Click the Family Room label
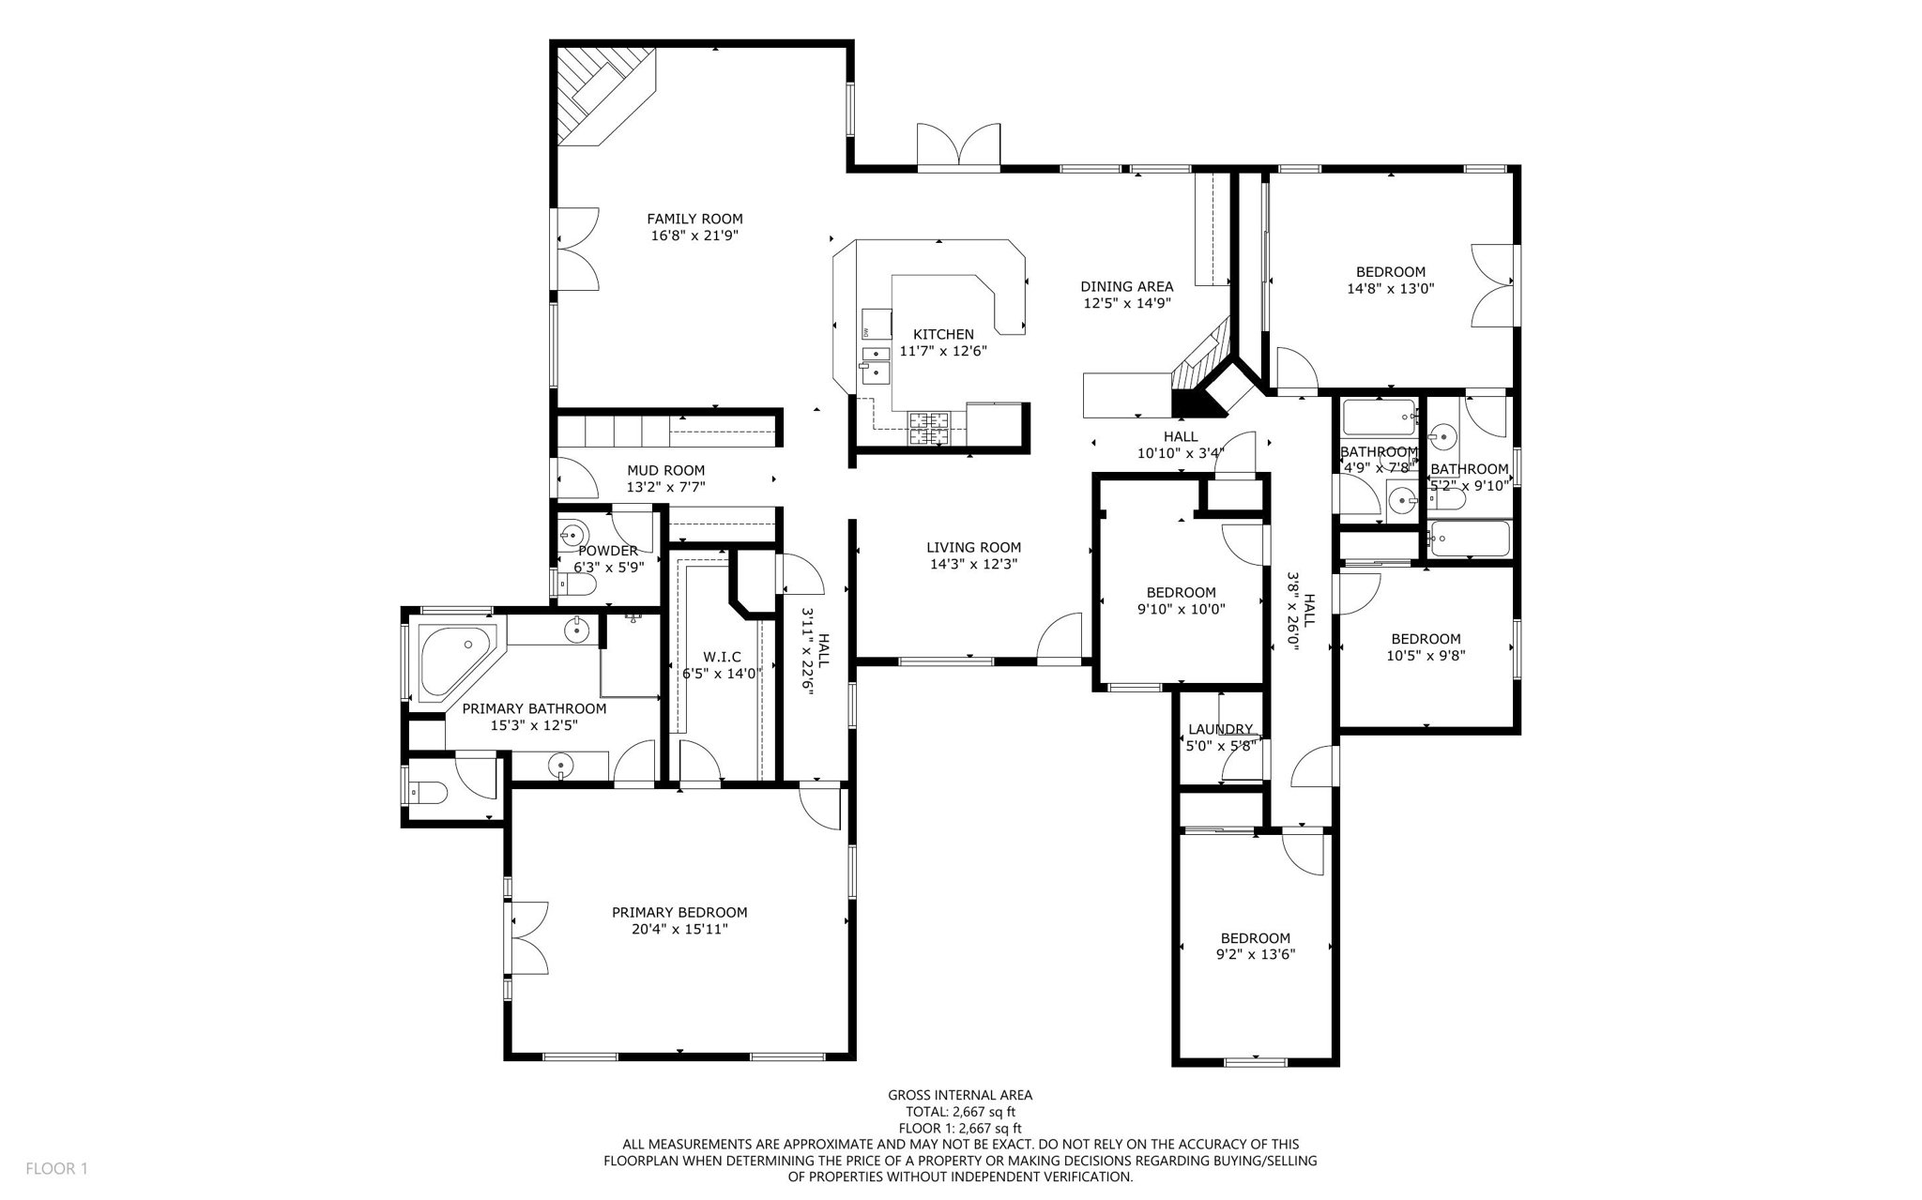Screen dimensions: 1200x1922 coord(694,219)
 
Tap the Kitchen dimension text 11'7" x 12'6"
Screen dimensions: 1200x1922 coord(943,351)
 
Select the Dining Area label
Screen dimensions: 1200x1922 coord(1126,286)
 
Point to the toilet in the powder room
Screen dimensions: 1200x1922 coord(579,585)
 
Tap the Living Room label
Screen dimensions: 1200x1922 coord(973,547)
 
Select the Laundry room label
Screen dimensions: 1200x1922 coord(1220,729)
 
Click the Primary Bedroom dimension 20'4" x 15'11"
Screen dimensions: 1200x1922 coord(679,929)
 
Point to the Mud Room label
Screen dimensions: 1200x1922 coord(665,470)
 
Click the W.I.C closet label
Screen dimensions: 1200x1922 coord(722,657)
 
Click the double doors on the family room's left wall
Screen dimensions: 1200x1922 coord(574,249)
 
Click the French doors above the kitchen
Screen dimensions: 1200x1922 coord(958,147)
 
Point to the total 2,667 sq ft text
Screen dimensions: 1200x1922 coord(960,1112)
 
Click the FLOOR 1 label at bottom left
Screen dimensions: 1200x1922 coord(56,1168)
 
